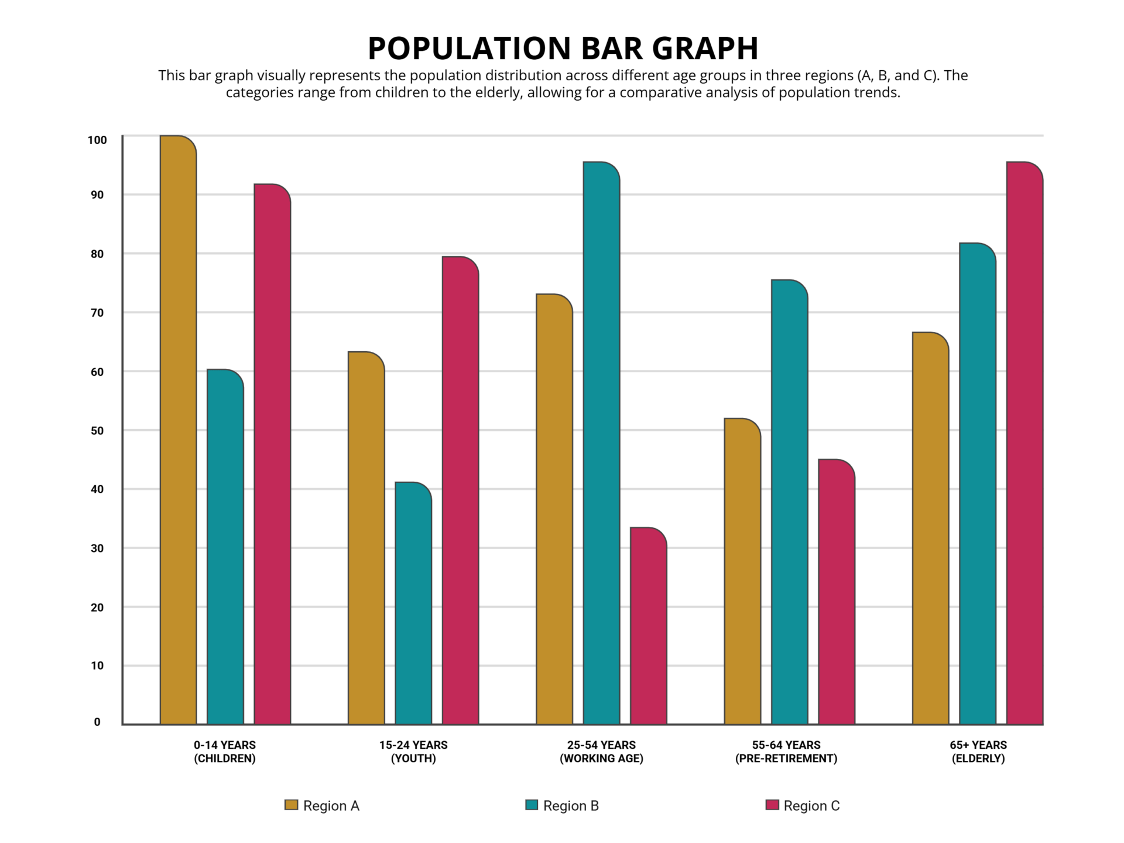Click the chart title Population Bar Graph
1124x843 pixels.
[562, 48]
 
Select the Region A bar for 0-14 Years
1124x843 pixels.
[178, 430]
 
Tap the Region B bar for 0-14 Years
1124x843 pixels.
[225, 547]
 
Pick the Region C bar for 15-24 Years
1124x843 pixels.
[460, 491]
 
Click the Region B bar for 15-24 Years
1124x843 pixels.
[413, 603]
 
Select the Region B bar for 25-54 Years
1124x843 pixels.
[601, 443]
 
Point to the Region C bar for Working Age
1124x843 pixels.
[648, 626]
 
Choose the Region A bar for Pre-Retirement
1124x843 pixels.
[742, 571]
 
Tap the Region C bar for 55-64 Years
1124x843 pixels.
[837, 592]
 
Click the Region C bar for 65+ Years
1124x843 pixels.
[1024, 443]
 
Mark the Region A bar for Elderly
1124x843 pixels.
[930, 528]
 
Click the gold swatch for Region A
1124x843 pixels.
[291, 805]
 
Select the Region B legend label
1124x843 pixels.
[571, 806]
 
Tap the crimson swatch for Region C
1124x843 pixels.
[772, 805]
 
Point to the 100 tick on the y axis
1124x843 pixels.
[97, 140]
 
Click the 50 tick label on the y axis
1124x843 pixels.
[97, 431]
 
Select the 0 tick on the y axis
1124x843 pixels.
[97, 722]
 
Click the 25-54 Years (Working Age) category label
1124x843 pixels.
[601, 752]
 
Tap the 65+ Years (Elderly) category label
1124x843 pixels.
[978, 752]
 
